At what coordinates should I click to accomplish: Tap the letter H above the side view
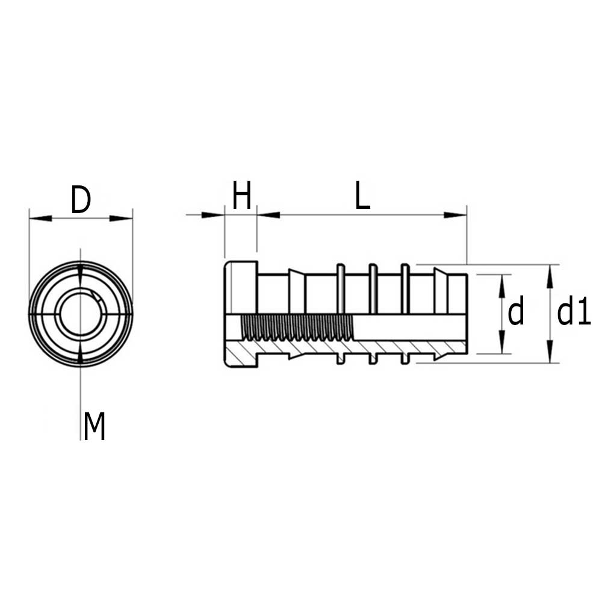coord(241,197)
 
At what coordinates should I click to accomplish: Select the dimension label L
coord(362,197)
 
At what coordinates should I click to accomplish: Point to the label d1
coord(573,313)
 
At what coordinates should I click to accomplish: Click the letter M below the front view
coord(95,427)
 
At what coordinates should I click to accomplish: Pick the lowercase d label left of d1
coord(516,313)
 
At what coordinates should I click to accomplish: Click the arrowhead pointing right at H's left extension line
coord(213,215)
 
